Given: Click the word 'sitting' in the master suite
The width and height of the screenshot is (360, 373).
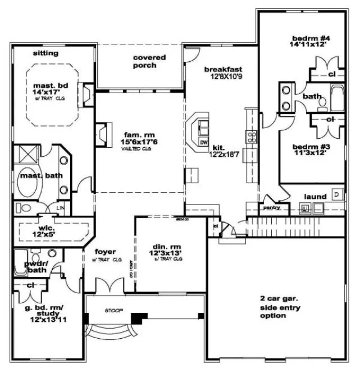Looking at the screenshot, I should pos(45,53).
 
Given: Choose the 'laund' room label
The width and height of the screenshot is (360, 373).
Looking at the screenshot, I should pos(316,197).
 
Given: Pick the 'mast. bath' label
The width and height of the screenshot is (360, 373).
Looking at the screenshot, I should pos(40,176).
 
